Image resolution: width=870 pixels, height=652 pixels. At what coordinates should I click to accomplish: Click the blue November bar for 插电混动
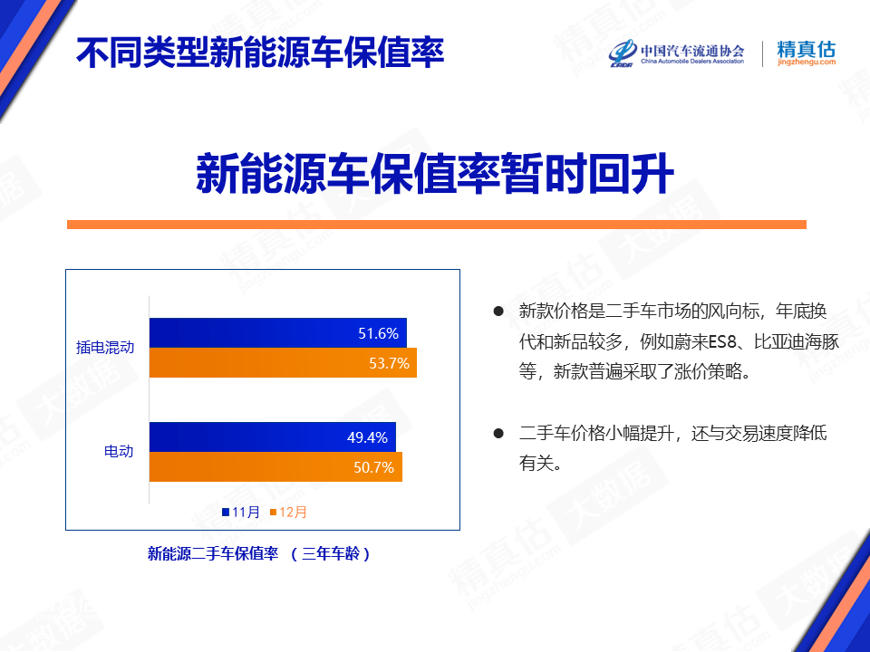278,332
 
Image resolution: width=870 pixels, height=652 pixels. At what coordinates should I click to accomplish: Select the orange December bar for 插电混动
283,362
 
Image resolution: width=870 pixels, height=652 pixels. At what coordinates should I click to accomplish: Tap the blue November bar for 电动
273,436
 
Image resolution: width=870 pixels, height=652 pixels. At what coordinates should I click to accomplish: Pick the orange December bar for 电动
275,467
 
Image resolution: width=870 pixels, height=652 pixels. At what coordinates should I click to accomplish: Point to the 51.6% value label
378,333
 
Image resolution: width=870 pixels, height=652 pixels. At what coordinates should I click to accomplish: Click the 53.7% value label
389,363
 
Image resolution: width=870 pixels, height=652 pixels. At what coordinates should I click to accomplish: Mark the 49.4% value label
367,437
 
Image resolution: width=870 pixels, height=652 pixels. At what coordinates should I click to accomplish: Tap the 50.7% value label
373,467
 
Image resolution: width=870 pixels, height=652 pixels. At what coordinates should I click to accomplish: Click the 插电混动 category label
105,348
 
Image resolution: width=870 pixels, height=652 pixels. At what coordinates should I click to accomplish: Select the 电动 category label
119,451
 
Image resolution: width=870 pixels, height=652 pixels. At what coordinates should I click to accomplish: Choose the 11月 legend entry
241,512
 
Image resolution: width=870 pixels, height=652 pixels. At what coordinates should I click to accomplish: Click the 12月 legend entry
288,512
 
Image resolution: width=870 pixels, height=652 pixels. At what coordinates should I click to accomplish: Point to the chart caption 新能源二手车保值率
212,553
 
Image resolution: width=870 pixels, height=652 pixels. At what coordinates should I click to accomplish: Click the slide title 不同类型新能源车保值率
260,53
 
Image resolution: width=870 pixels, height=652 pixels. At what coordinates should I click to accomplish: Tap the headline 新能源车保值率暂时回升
435,174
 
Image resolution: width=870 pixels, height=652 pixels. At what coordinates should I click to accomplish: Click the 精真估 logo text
807,53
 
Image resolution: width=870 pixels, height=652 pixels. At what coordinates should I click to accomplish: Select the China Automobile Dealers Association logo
676,53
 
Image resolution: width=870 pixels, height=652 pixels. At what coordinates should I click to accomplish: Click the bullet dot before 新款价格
498,311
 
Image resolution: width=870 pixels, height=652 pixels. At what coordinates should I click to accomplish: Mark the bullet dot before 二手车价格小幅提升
498,433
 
